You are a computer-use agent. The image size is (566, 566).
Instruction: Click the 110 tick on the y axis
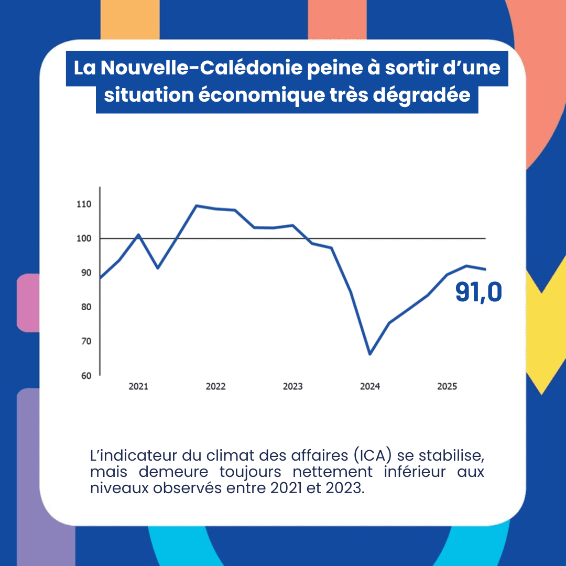[x=84, y=204]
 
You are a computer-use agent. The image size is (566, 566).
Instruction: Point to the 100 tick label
[x=84, y=238]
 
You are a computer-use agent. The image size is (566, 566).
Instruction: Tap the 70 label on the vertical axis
[x=85, y=341]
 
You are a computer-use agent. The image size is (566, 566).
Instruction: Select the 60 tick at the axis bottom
[x=85, y=375]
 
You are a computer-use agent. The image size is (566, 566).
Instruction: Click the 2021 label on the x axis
[x=138, y=387]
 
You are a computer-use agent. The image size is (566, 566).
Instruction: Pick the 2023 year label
[x=292, y=387]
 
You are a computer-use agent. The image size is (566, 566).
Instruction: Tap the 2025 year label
[x=447, y=387]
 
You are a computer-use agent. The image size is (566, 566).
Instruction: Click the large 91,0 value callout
[x=478, y=292]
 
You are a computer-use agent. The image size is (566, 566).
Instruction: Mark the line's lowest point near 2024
[x=370, y=354]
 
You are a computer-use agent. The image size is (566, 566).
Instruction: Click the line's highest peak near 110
[x=196, y=205]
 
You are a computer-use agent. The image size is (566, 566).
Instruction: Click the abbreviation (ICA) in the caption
[x=374, y=454]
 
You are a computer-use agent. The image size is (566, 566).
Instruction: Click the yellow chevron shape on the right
[x=545, y=335]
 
